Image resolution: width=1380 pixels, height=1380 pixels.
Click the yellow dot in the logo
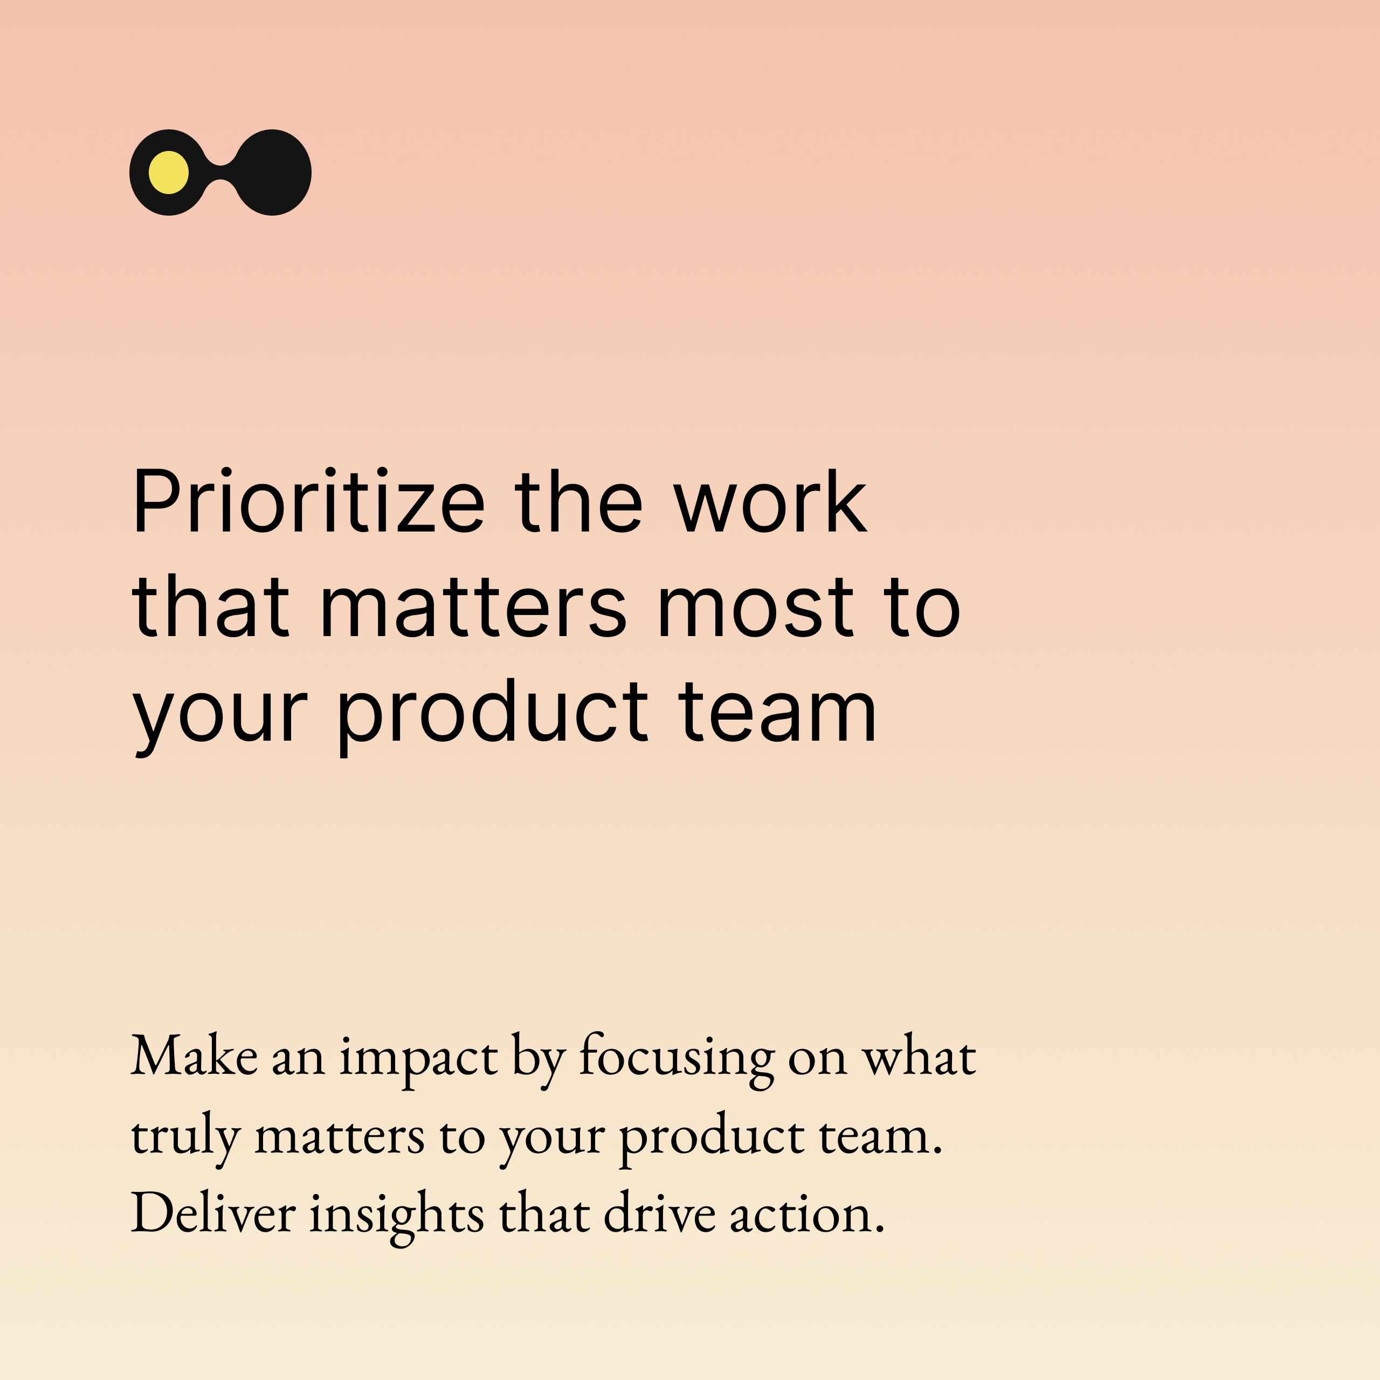[x=169, y=172]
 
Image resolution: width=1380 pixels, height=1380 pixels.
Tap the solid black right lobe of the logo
[x=273, y=172]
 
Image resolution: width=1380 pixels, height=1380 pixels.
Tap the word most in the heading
[x=755, y=608]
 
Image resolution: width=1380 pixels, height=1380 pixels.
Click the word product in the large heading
[x=492, y=714]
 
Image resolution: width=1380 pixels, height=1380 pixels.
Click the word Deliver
[x=213, y=1213]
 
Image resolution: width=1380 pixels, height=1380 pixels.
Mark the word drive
[x=659, y=1213]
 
